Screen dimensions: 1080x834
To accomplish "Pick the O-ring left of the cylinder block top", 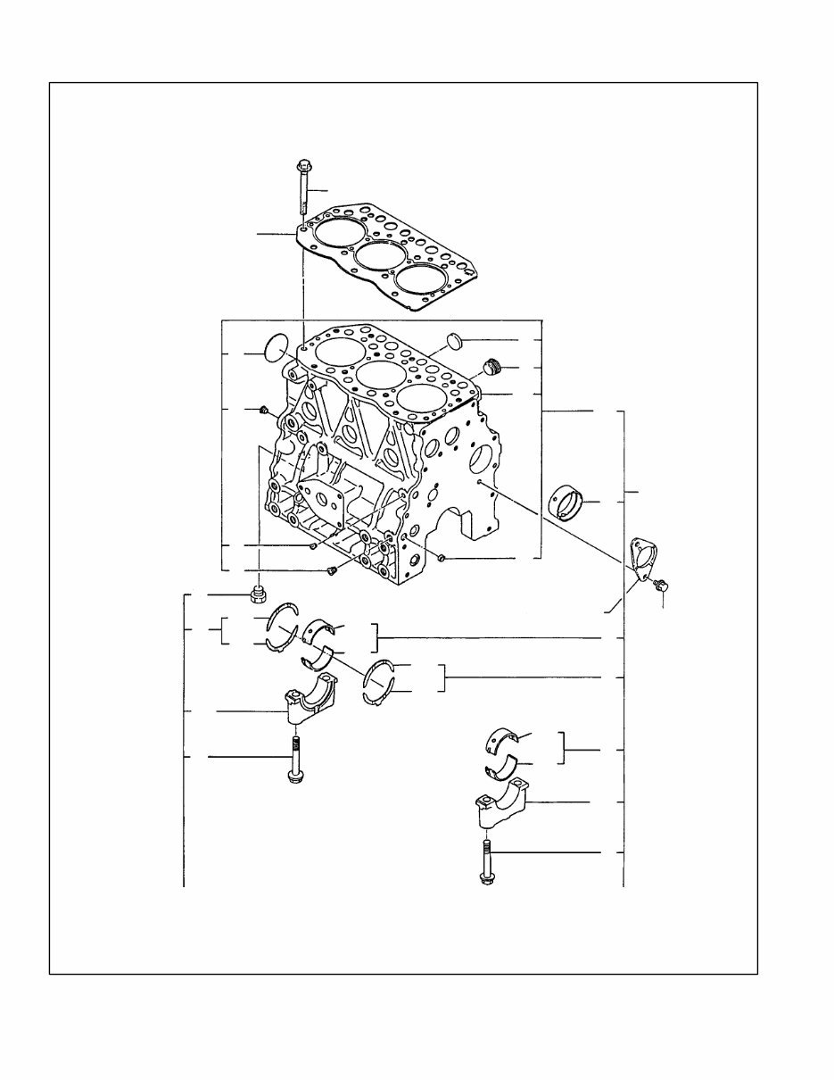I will [x=277, y=347].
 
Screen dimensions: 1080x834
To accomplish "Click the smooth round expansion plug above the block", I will [x=455, y=340].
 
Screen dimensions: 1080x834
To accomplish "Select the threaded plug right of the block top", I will [x=489, y=366].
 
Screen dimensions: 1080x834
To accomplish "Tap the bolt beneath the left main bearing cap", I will [x=294, y=759].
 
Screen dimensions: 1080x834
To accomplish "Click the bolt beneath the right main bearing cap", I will [x=487, y=861].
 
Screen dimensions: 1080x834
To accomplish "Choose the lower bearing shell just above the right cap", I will [x=503, y=766].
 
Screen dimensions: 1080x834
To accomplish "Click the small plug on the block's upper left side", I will [x=265, y=410].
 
